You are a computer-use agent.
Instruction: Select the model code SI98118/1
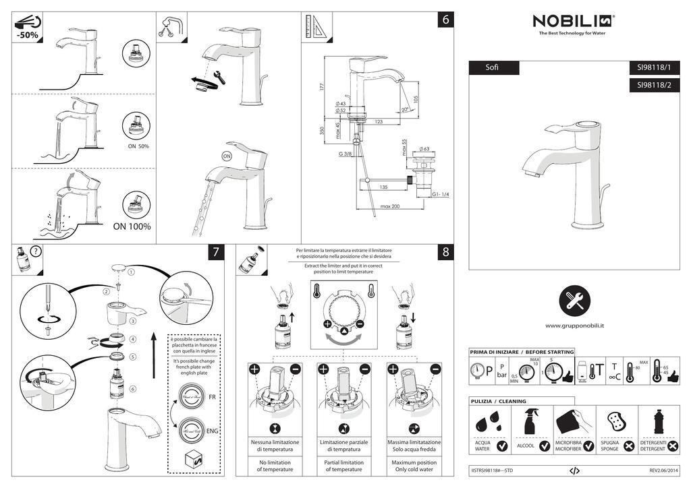[x=654, y=67]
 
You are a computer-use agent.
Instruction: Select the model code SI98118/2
[x=654, y=85]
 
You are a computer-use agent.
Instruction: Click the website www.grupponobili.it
[x=574, y=326]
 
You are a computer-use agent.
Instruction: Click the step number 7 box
[x=215, y=253]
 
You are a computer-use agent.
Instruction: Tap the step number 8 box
[x=445, y=253]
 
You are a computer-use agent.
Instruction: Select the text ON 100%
[x=132, y=226]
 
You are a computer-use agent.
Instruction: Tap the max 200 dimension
[x=390, y=206]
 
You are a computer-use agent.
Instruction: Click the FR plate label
[x=212, y=396]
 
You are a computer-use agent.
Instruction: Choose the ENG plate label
[x=212, y=431]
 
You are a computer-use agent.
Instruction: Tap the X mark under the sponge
[x=629, y=446]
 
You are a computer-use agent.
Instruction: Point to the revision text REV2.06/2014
[x=664, y=470]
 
